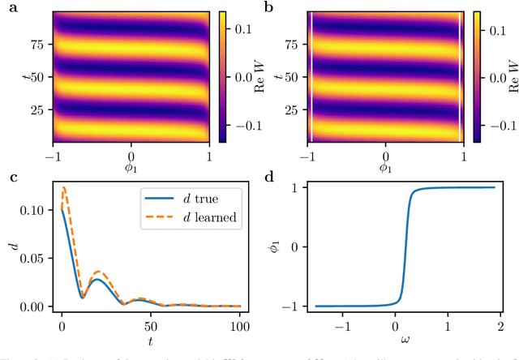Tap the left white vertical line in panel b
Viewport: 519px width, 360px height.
coord(312,77)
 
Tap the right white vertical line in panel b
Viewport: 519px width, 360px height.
coord(460,77)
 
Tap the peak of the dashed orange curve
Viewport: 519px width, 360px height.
coord(65,188)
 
